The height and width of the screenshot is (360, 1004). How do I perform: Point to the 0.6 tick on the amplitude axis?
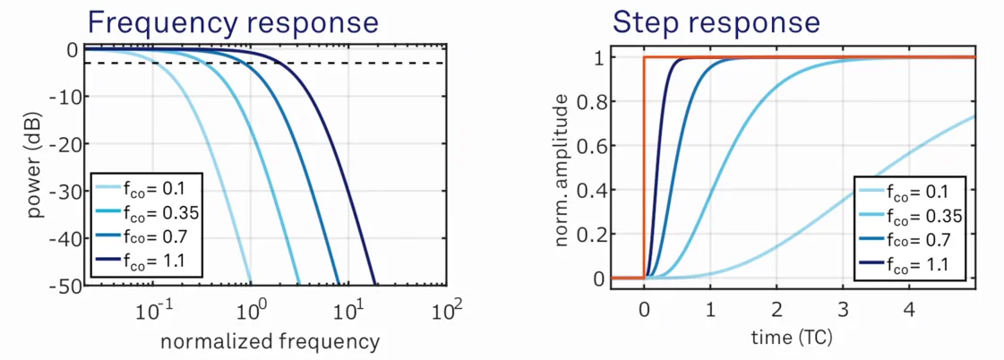pyautogui.click(x=591, y=146)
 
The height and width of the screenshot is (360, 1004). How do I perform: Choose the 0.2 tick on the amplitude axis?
pyautogui.click(x=591, y=235)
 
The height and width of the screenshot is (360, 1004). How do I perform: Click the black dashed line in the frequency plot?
pyautogui.click(x=358, y=64)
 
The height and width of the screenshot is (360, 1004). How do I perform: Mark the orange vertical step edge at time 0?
pyautogui.click(x=644, y=170)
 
